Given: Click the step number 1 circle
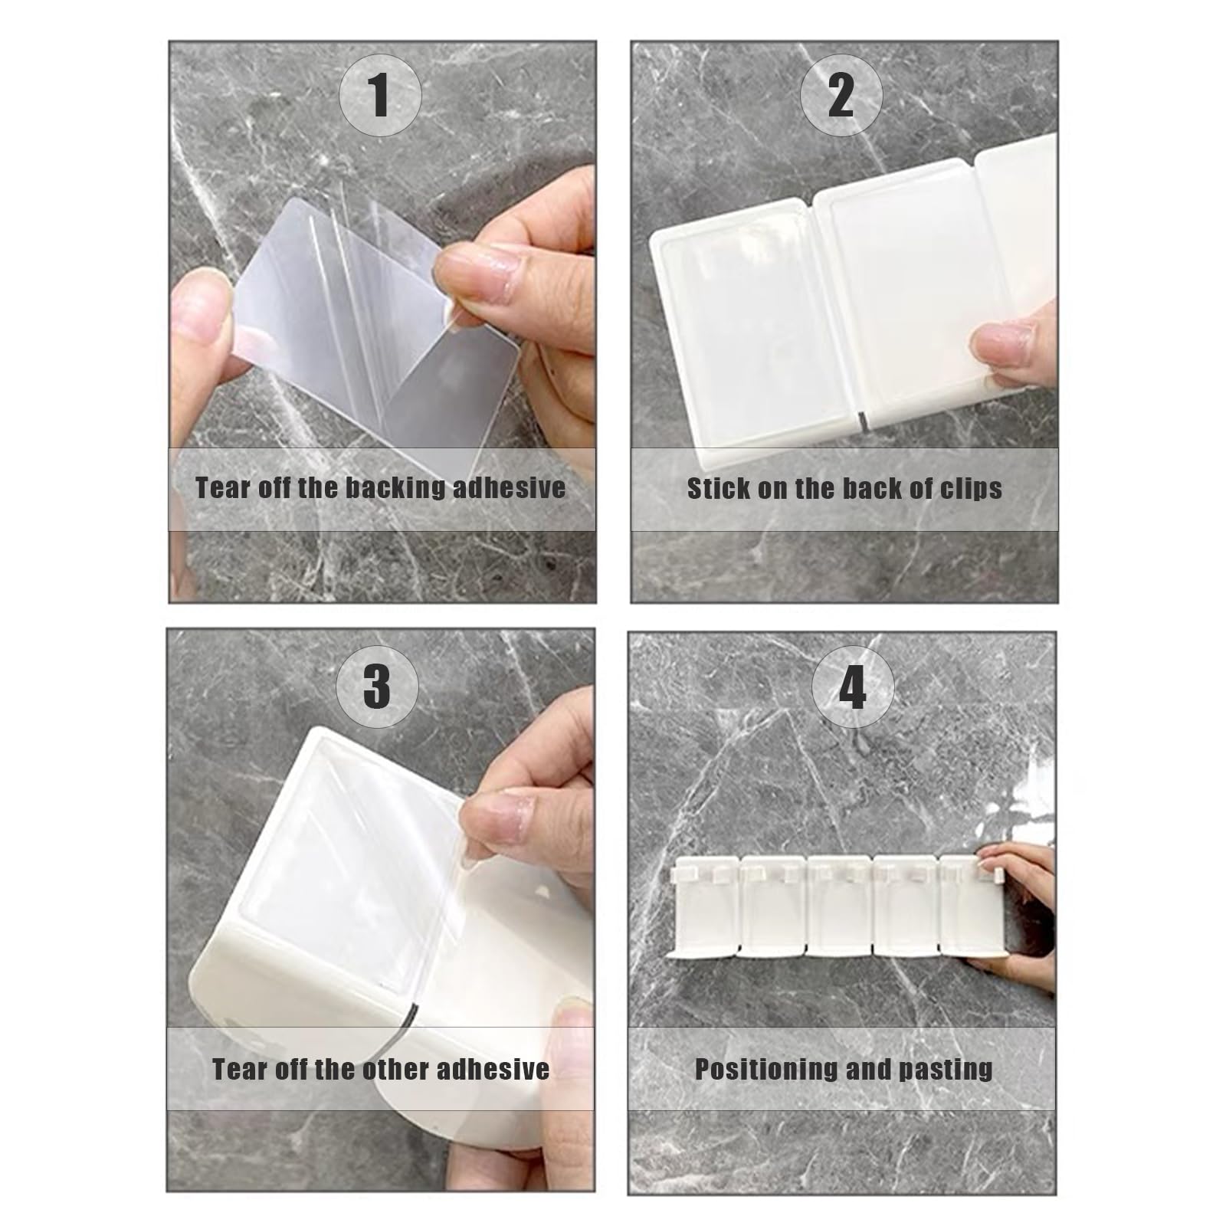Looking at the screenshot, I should coord(379,96).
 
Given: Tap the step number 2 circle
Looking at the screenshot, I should coord(841,96).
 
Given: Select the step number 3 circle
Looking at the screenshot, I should coord(376,684).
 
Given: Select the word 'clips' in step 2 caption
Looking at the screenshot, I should coord(971,489).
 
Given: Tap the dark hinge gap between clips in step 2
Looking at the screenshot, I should coord(860,419).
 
